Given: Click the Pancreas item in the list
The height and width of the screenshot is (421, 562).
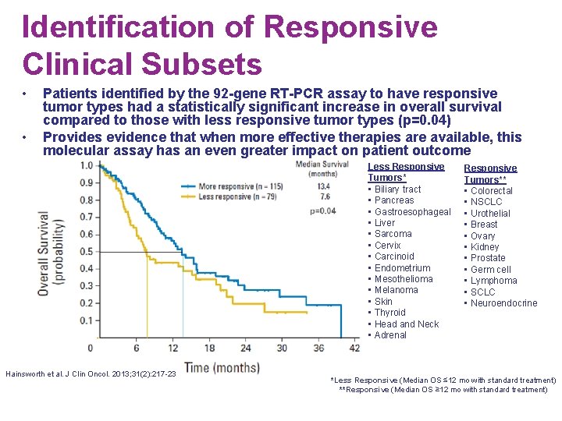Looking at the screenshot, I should (x=394, y=200).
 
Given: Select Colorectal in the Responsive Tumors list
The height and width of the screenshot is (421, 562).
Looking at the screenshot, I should (x=491, y=190).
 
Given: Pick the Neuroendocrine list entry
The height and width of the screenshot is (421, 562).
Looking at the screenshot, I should (x=503, y=303).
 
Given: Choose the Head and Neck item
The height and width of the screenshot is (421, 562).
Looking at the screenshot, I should (x=406, y=324).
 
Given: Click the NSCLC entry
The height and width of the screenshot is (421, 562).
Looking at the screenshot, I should (x=486, y=202).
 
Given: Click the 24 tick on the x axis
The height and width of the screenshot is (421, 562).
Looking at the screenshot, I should (x=246, y=348).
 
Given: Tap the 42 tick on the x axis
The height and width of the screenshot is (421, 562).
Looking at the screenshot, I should (x=354, y=348).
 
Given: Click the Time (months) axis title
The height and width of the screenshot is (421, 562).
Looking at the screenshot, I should (x=222, y=367).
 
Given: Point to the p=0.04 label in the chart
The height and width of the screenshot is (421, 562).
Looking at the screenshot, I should (x=323, y=210).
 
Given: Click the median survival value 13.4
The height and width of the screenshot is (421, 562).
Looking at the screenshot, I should (x=324, y=186).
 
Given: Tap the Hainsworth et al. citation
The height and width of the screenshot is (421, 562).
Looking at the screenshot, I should (x=91, y=374).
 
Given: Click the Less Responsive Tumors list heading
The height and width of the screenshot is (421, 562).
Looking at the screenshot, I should (x=405, y=172).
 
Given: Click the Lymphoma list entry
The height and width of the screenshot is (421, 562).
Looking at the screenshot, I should (x=493, y=281).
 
